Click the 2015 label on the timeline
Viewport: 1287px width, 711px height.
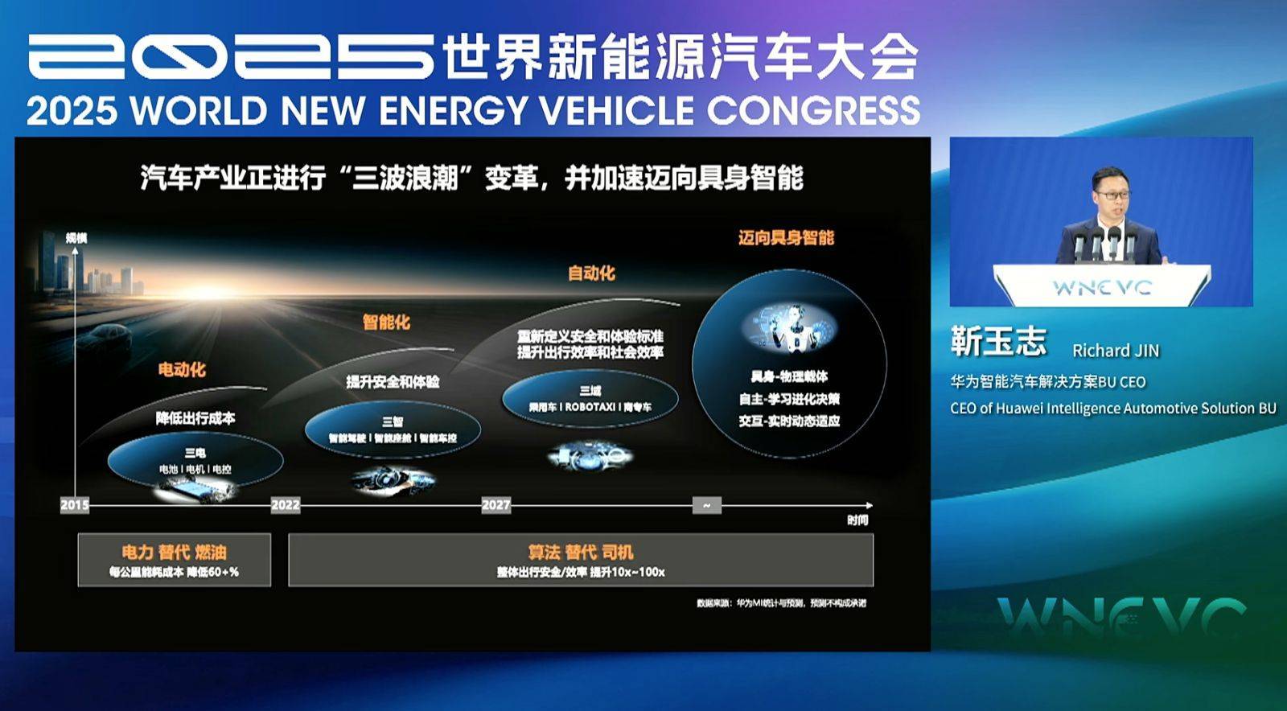pyautogui.click(x=75, y=505)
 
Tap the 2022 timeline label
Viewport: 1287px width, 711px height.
pyautogui.click(x=286, y=505)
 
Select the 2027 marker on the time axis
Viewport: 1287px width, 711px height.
pyautogui.click(x=495, y=505)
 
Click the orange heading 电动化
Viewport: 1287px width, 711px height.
pyautogui.click(x=182, y=370)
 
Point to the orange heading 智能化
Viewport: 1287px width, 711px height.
pyautogui.click(x=386, y=323)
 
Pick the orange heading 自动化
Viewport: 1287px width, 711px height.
pyautogui.click(x=591, y=273)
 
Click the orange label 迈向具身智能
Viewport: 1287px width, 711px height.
pyautogui.click(x=786, y=237)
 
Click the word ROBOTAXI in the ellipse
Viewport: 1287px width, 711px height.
pyautogui.click(x=591, y=407)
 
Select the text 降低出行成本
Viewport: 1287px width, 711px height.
pyautogui.click(x=195, y=418)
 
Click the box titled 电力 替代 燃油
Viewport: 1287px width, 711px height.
pyautogui.click(x=175, y=560)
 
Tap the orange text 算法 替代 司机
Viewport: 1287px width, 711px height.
pyautogui.click(x=581, y=553)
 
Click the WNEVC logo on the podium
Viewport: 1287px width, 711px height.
pyautogui.click(x=1102, y=287)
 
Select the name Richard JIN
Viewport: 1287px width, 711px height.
pyautogui.click(x=1115, y=351)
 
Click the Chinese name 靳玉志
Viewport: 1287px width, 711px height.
pyautogui.click(x=998, y=342)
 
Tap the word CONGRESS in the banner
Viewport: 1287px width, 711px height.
pyautogui.click(x=813, y=110)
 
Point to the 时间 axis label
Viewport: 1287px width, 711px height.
pyautogui.click(x=857, y=520)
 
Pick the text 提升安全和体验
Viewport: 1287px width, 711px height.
pyautogui.click(x=393, y=381)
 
